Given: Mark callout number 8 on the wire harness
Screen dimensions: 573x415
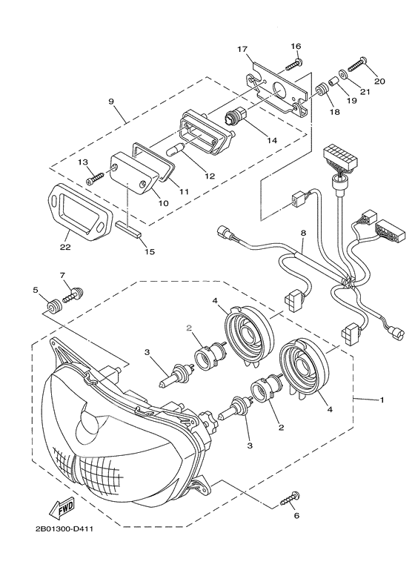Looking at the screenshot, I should [302, 233].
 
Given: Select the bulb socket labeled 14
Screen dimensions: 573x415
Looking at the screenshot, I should [236, 117].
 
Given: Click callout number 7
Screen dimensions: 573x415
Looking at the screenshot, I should [62, 276].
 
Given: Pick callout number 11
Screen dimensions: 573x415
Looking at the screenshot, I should [184, 192].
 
